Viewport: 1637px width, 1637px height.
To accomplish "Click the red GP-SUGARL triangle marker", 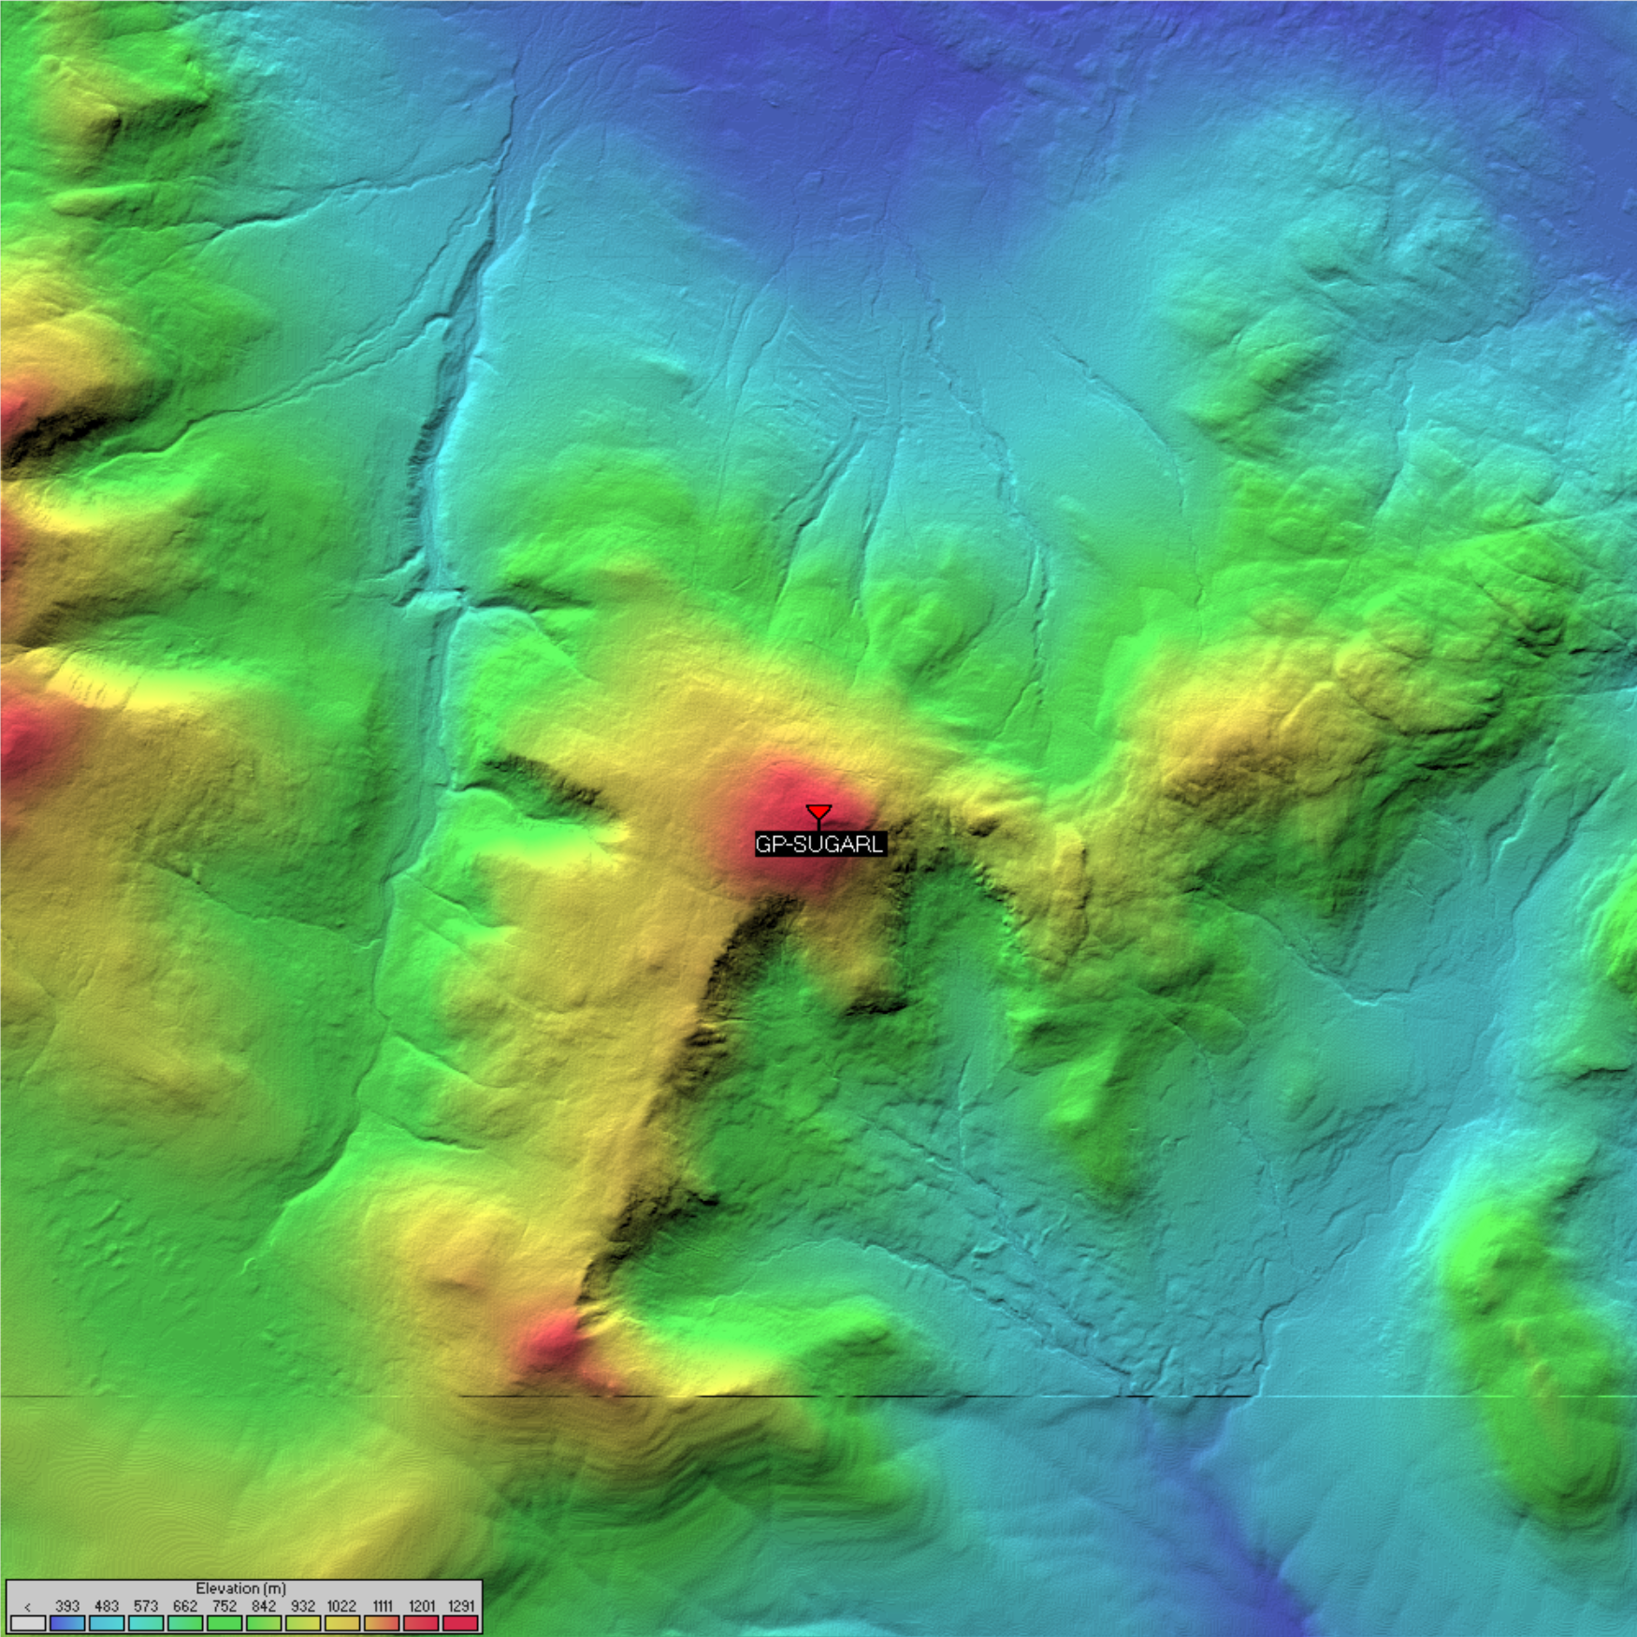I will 818,811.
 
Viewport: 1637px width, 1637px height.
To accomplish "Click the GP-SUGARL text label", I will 819,844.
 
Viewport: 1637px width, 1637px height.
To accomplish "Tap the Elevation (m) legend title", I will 240,1587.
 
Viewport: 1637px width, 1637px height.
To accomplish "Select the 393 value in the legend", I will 67,1605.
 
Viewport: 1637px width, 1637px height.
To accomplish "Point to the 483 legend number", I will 107,1605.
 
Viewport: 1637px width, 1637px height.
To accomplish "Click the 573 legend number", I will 146,1605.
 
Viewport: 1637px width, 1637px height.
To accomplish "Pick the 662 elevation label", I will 185,1605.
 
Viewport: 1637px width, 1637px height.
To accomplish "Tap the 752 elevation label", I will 225,1605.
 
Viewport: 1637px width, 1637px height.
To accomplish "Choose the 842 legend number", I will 264,1605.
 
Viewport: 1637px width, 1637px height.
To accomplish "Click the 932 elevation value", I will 303,1605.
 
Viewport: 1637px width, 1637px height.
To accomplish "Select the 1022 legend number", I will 341,1605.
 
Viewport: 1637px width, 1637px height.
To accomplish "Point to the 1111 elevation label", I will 382,1605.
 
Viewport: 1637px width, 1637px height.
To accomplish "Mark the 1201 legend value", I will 421,1605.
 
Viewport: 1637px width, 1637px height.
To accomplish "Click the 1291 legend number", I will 460,1605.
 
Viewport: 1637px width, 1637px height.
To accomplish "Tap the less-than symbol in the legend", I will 28,1606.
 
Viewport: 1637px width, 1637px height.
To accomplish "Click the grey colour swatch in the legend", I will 28,1623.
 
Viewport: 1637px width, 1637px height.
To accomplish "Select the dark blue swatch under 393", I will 67,1623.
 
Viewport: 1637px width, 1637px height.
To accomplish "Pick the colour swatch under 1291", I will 460,1623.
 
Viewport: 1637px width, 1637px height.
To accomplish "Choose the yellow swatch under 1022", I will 341,1623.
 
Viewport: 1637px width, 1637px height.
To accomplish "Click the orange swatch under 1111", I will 382,1623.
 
